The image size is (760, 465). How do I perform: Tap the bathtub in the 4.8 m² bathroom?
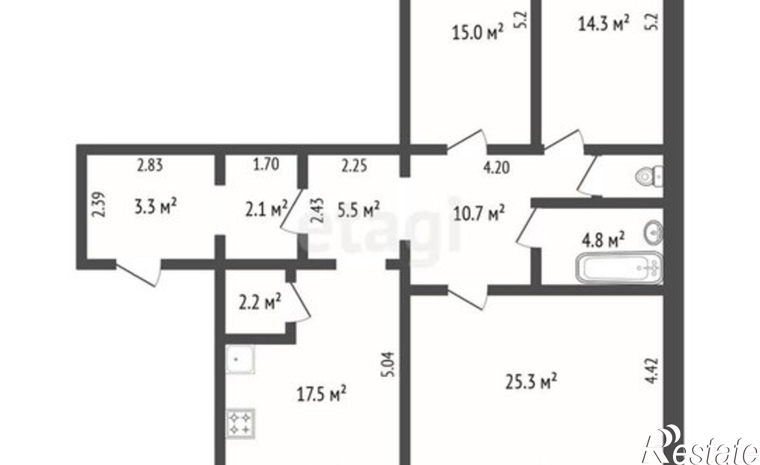pyautogui.click(x=619, y=268)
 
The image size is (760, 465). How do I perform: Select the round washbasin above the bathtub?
pyautogui.click(x=654, y=232)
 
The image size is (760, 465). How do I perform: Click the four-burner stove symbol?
pyautogui.click(x=241, y=423)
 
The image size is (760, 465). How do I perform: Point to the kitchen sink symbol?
pyautogui.click(x=240, y=359)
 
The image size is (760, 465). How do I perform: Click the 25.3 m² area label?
pyautogui.click(x=532, y=382)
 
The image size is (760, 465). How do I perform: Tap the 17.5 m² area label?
pyautogui.click(x=321, y=394)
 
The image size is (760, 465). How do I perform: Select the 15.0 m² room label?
pyautogui.click(x=478, y=32)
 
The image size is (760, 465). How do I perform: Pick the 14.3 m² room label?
pyautogui.click(x=604, y=23)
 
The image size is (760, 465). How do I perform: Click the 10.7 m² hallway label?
pyautogui.click(x=479, y=213)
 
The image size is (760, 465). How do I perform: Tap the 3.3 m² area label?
pyautogui.click(x=156, y=207)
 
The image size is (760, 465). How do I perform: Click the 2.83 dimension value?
pyautogui.click(x=150, y=165)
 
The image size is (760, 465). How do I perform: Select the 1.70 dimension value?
pyautogui.click(x=266, y=165)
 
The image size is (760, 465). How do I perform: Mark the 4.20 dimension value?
pyautogui.click(x=496, y=167)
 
